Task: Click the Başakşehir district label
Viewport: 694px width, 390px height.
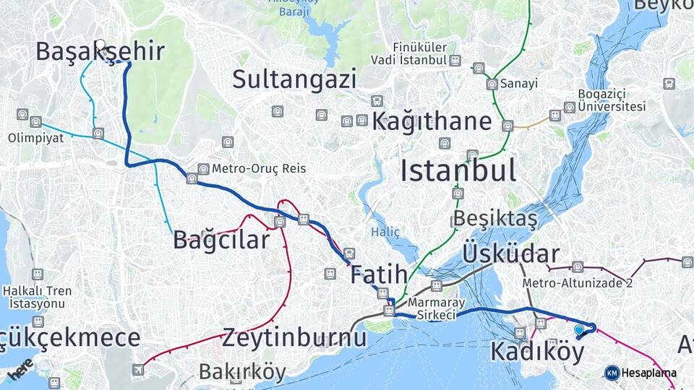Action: point(100,52)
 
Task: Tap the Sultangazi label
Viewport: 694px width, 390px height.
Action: point(294,79)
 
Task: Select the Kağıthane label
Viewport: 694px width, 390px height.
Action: point(432,121)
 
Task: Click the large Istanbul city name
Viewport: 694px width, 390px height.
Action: point(458,170)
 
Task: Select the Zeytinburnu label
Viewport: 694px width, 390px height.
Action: point(294,337)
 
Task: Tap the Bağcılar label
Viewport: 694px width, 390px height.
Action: point(221,240)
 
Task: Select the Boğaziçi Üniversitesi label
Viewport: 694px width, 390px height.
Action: point(612,100)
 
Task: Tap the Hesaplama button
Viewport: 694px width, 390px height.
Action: point(641,373)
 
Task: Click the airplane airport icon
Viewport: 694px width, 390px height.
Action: point(137,370)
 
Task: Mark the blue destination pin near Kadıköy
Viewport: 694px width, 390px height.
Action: point(578,330)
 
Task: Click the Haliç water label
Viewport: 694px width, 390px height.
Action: point(385,232)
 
